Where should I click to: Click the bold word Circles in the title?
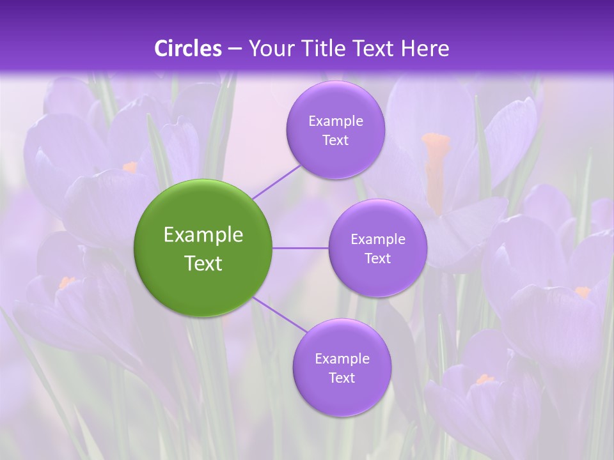pos(188,49)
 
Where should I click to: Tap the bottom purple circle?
pos(342,396)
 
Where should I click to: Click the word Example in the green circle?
pos(203,235)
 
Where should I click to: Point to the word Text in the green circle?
pos(203,263)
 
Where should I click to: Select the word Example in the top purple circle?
pos(335,121)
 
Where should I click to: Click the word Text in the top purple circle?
pos(335,140)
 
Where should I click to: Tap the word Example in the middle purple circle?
pos(377,239)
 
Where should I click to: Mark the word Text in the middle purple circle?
pos(377,258)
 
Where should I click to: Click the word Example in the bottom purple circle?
pos(342,358)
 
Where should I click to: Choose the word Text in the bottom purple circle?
pos(342,378)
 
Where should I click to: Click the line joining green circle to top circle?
pos(276,181)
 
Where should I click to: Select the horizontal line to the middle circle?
pos(301,248)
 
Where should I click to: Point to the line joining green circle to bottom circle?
pos(280,314)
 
